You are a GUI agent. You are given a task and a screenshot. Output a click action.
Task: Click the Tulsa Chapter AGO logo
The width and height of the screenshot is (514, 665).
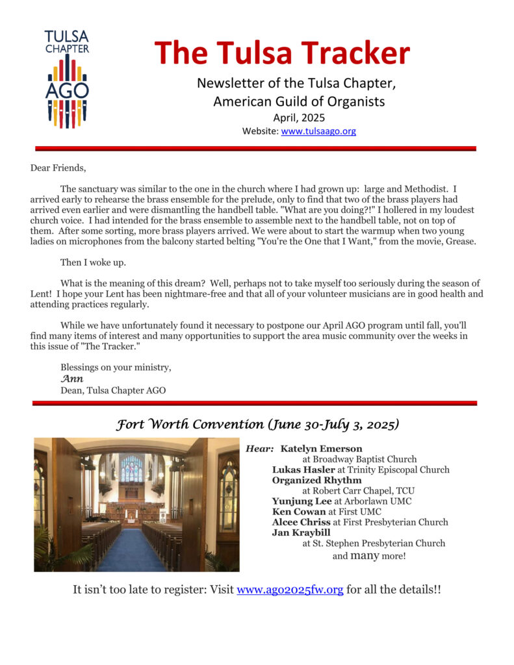[67, 78]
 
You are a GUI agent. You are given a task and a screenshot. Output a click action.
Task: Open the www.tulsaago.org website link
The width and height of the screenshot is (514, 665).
[318, 131]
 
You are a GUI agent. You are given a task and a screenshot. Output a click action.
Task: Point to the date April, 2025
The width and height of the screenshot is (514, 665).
[299, 118]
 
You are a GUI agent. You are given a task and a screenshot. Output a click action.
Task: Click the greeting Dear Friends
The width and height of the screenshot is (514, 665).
[58, 168]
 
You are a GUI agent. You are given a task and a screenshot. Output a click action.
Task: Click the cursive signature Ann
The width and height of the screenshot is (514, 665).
[72, 379]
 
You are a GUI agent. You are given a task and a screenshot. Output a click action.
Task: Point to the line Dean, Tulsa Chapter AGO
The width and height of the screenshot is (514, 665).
[113, 390]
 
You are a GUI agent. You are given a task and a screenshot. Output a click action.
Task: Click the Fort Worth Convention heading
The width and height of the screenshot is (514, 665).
[257, 425]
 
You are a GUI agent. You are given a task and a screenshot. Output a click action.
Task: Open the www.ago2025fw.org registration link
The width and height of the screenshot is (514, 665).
[290, 591]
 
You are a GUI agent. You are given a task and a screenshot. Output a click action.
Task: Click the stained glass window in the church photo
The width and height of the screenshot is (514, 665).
[131, 469]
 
